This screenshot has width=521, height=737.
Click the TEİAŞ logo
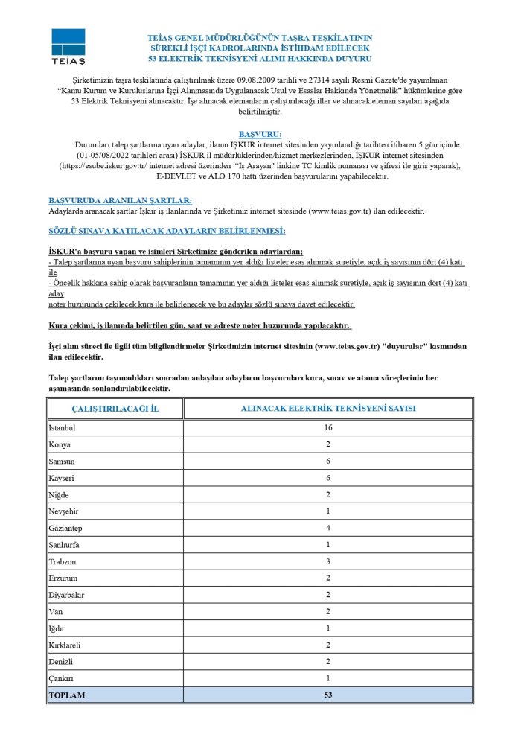pos(68,46)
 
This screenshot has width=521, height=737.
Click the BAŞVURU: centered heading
pos(260,133)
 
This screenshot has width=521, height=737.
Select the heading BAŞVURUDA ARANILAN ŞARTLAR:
pos(120,201)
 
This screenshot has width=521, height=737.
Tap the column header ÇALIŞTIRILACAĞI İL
pos(115,409)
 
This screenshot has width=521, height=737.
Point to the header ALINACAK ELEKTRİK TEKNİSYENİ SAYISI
pos(328,409)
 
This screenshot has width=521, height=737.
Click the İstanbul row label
pos(63,427)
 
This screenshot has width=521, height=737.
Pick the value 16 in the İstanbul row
pos(328,427)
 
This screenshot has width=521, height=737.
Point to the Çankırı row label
pos(63,678)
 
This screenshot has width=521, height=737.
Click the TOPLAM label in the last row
pos(67,695)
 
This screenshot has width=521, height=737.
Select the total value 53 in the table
pos(328,695)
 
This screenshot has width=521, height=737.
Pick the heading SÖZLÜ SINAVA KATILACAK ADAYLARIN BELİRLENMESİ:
pos(167,232)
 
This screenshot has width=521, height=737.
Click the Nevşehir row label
pos(65,511)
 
